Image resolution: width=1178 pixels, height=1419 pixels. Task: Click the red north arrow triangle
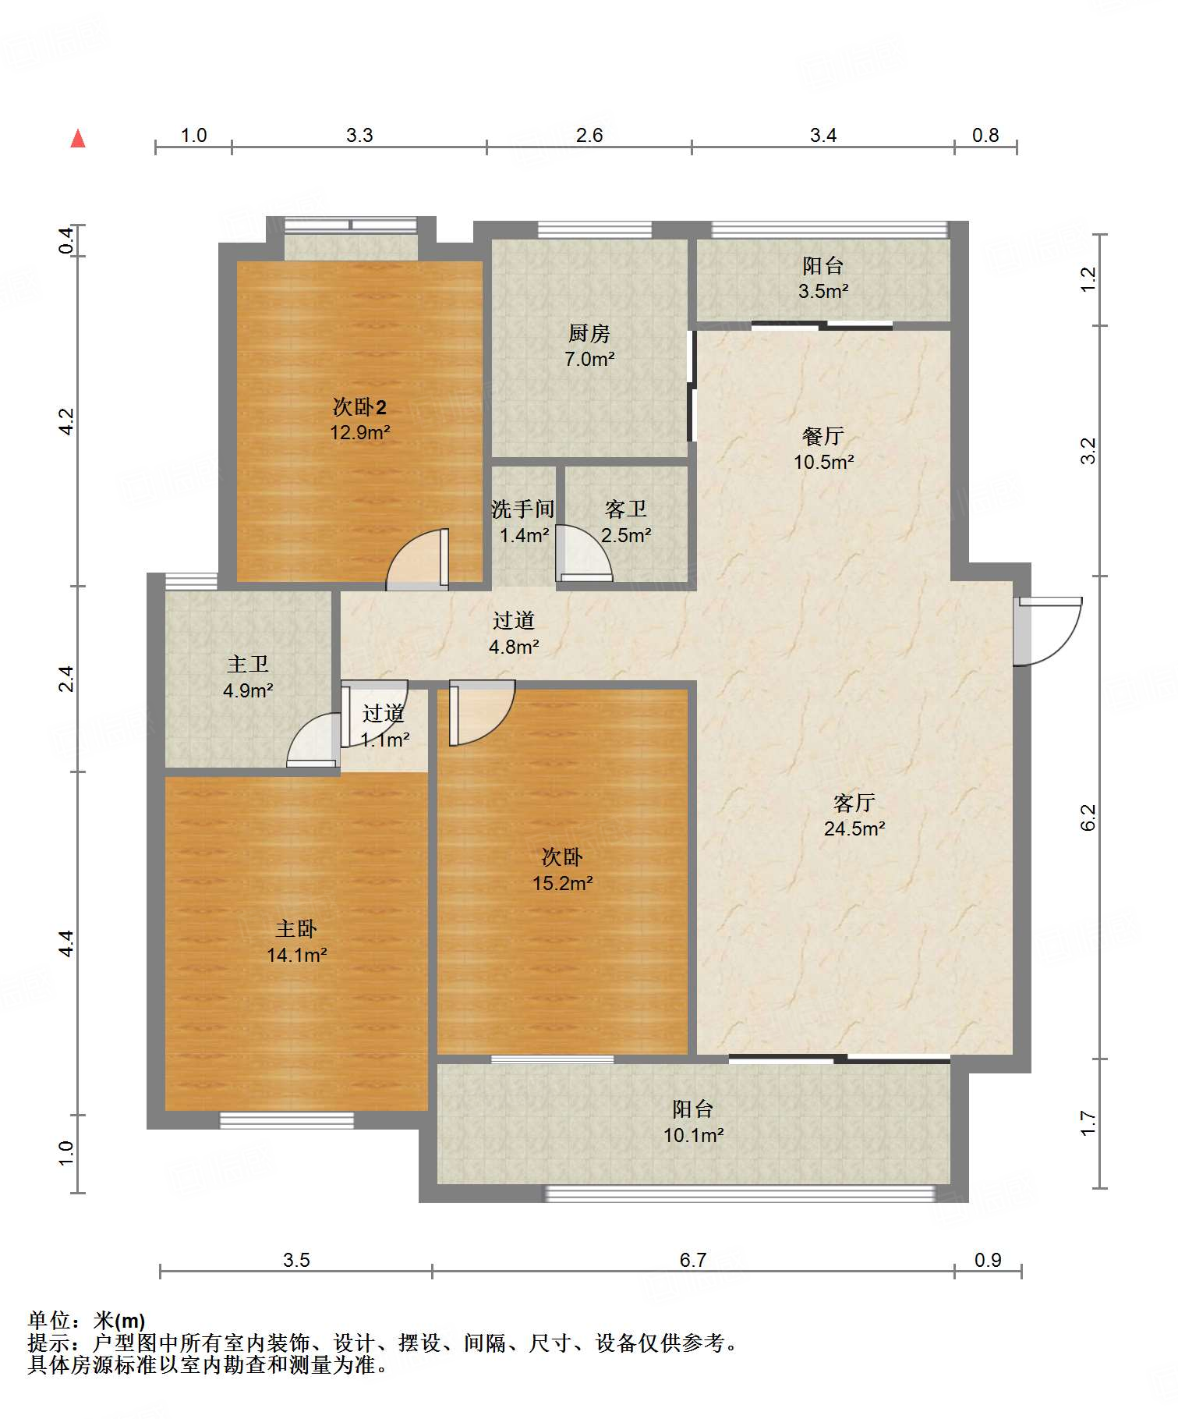(78, 138)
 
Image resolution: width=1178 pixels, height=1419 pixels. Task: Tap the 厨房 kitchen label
(589, 334)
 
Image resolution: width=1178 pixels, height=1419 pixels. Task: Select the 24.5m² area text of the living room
(854, 828)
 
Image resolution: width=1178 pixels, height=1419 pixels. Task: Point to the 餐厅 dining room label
(823, 436)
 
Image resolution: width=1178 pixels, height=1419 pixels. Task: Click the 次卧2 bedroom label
(359, 406)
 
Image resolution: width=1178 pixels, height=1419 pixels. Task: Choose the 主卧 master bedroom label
(296, 928)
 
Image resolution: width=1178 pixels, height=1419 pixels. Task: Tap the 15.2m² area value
(562, 883)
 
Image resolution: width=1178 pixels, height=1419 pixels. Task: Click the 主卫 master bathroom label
(248, 664)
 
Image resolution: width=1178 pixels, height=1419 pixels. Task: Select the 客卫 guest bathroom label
(626, 509)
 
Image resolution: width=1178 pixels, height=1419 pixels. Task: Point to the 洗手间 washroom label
(523, 509)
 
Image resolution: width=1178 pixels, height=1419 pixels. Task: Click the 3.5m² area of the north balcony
(823, 291)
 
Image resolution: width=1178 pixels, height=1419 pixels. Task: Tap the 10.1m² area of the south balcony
(693, 1135)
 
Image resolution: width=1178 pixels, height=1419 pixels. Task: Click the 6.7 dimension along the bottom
(692, 1260)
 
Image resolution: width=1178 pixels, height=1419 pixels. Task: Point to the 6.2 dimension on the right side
(1088, 817)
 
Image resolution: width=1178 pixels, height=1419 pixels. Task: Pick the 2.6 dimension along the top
(589, 135)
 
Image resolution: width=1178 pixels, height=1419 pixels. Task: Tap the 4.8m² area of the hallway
(514, 647)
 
